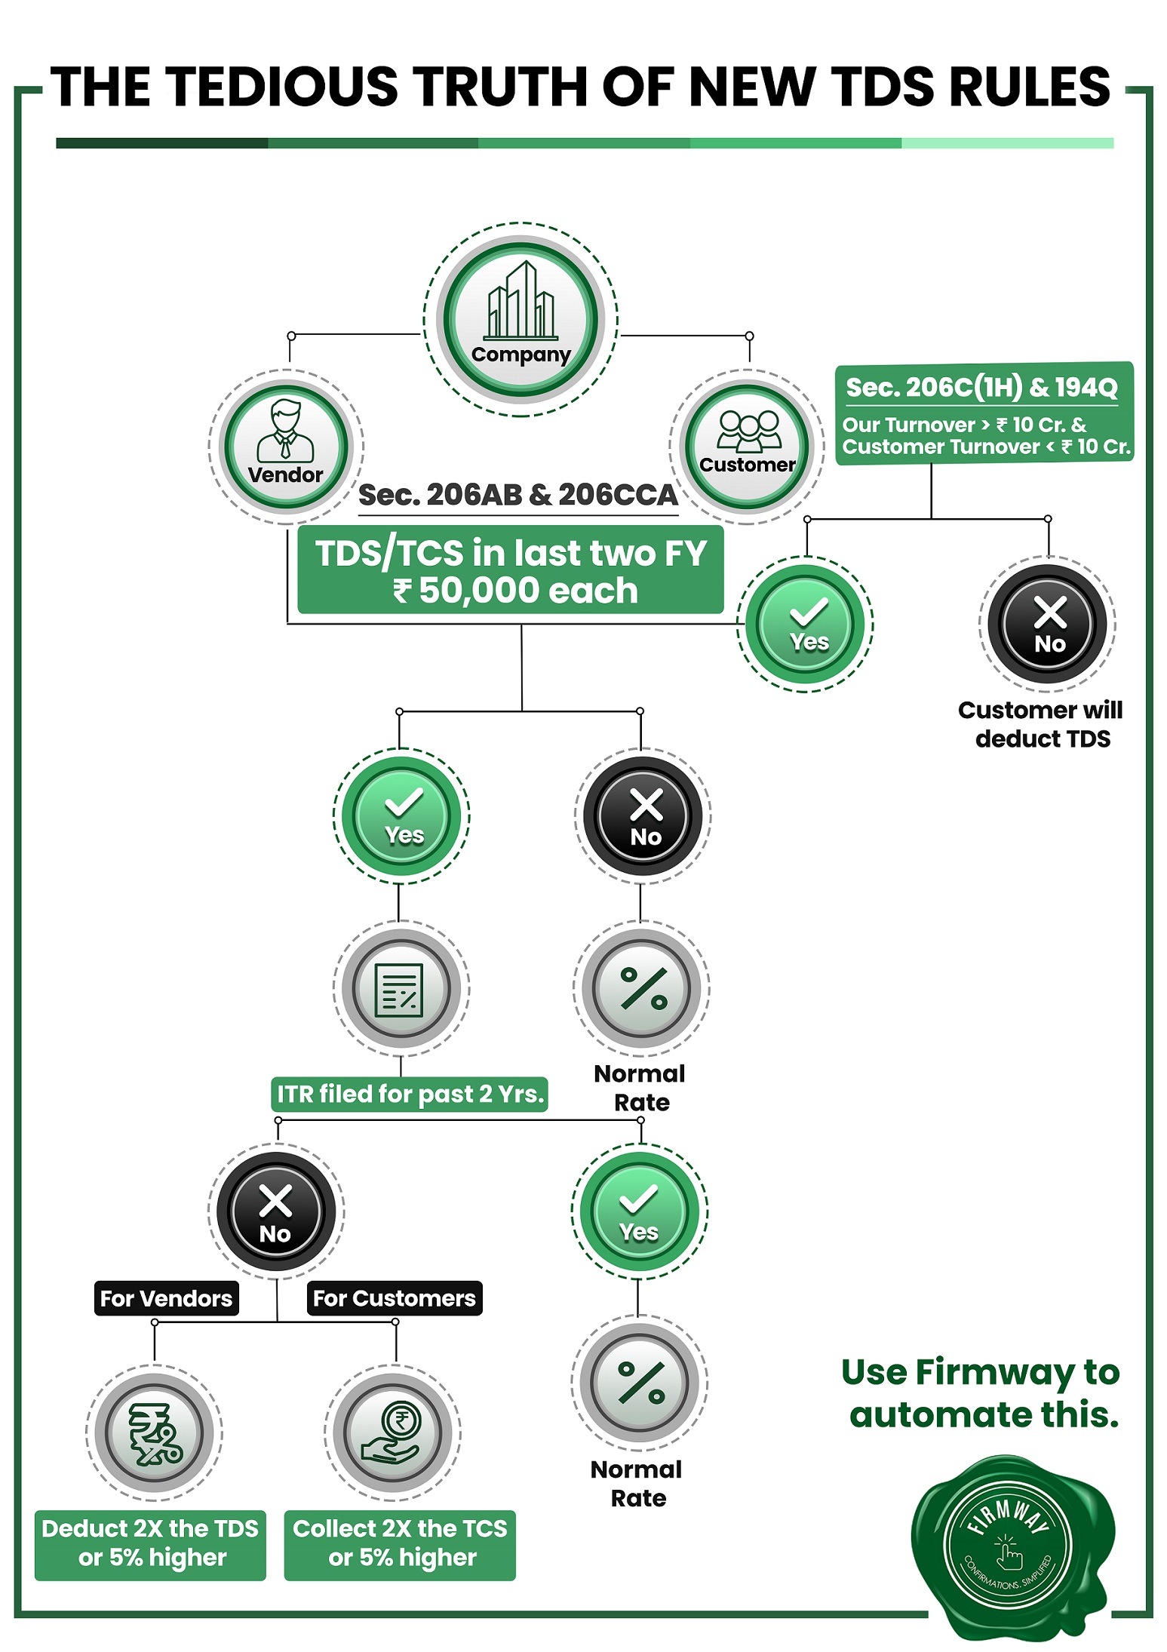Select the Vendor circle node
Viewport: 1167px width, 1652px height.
pos(286,447)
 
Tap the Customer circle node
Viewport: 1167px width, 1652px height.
pos(747,447)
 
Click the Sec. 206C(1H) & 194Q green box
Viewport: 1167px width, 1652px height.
pos(984,413)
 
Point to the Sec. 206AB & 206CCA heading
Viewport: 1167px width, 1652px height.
pos(518,495)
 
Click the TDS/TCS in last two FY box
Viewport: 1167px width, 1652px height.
pos(511,570)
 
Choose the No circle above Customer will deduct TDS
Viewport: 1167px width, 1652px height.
pos(1048,624)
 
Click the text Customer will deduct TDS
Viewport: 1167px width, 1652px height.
pos(1041,724)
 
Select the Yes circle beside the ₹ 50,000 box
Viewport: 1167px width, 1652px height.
pos(806,624)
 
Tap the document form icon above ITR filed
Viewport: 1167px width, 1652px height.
pos(401,990)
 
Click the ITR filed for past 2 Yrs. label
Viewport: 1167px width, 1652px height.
pos(410,1094)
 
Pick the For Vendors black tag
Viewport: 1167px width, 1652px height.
pos(167,1298)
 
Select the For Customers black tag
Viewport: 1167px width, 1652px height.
pos(395,1298)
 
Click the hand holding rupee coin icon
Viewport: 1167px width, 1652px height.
pos(392,1433)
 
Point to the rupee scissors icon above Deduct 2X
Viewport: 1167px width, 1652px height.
pos(155,1433)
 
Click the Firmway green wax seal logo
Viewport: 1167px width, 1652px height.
pos(1013,1548)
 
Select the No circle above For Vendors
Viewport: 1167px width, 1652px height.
pos(276,1211)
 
